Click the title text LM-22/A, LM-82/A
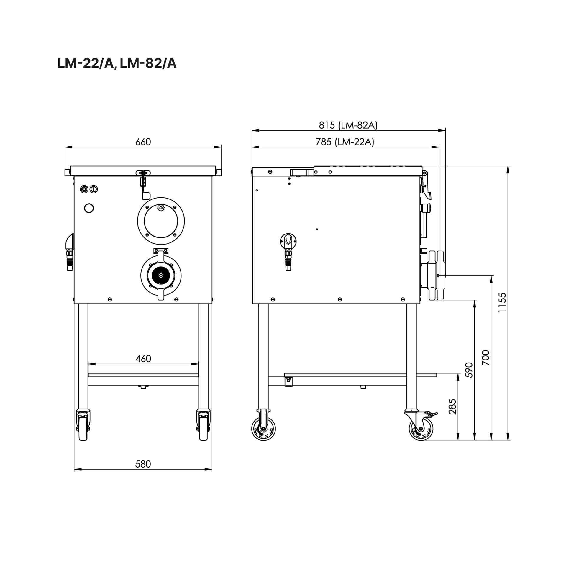pyautogui.click(x=117, y=64)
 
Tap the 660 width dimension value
pyautogui.click(x=143, y=142)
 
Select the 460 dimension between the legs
pyautogui.click(x=143, y=359)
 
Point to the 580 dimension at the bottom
pyautogui.click(x=143, y=464)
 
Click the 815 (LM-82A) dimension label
pyautogui.click(x=348, y=125)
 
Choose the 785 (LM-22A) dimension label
pyautogui.click(x=345, y=142)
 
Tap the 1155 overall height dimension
pyautogui.click(x=502, y=302)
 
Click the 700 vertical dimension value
pyautogui.click(x=486, y=358)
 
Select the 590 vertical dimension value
pyautogui.click(x=469, y=370)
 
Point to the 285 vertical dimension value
pyautogui.click(x=452, y=407)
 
